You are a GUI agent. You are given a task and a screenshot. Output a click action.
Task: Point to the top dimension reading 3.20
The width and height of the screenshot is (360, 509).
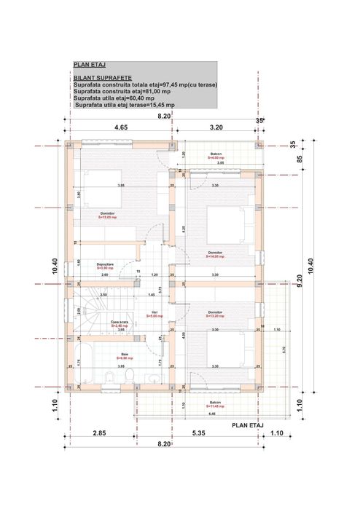click(x=216, y=127)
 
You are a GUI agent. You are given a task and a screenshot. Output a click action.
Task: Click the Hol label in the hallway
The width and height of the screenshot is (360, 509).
click(x=154, y=312)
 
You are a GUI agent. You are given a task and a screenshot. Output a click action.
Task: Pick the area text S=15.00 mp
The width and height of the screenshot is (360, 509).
click(x=108, y=217)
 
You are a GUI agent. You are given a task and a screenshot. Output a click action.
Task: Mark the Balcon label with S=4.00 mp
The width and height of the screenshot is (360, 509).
click(x=216, y=154)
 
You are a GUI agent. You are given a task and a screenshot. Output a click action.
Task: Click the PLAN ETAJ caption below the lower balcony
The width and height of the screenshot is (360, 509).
click(x=247, y=424)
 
